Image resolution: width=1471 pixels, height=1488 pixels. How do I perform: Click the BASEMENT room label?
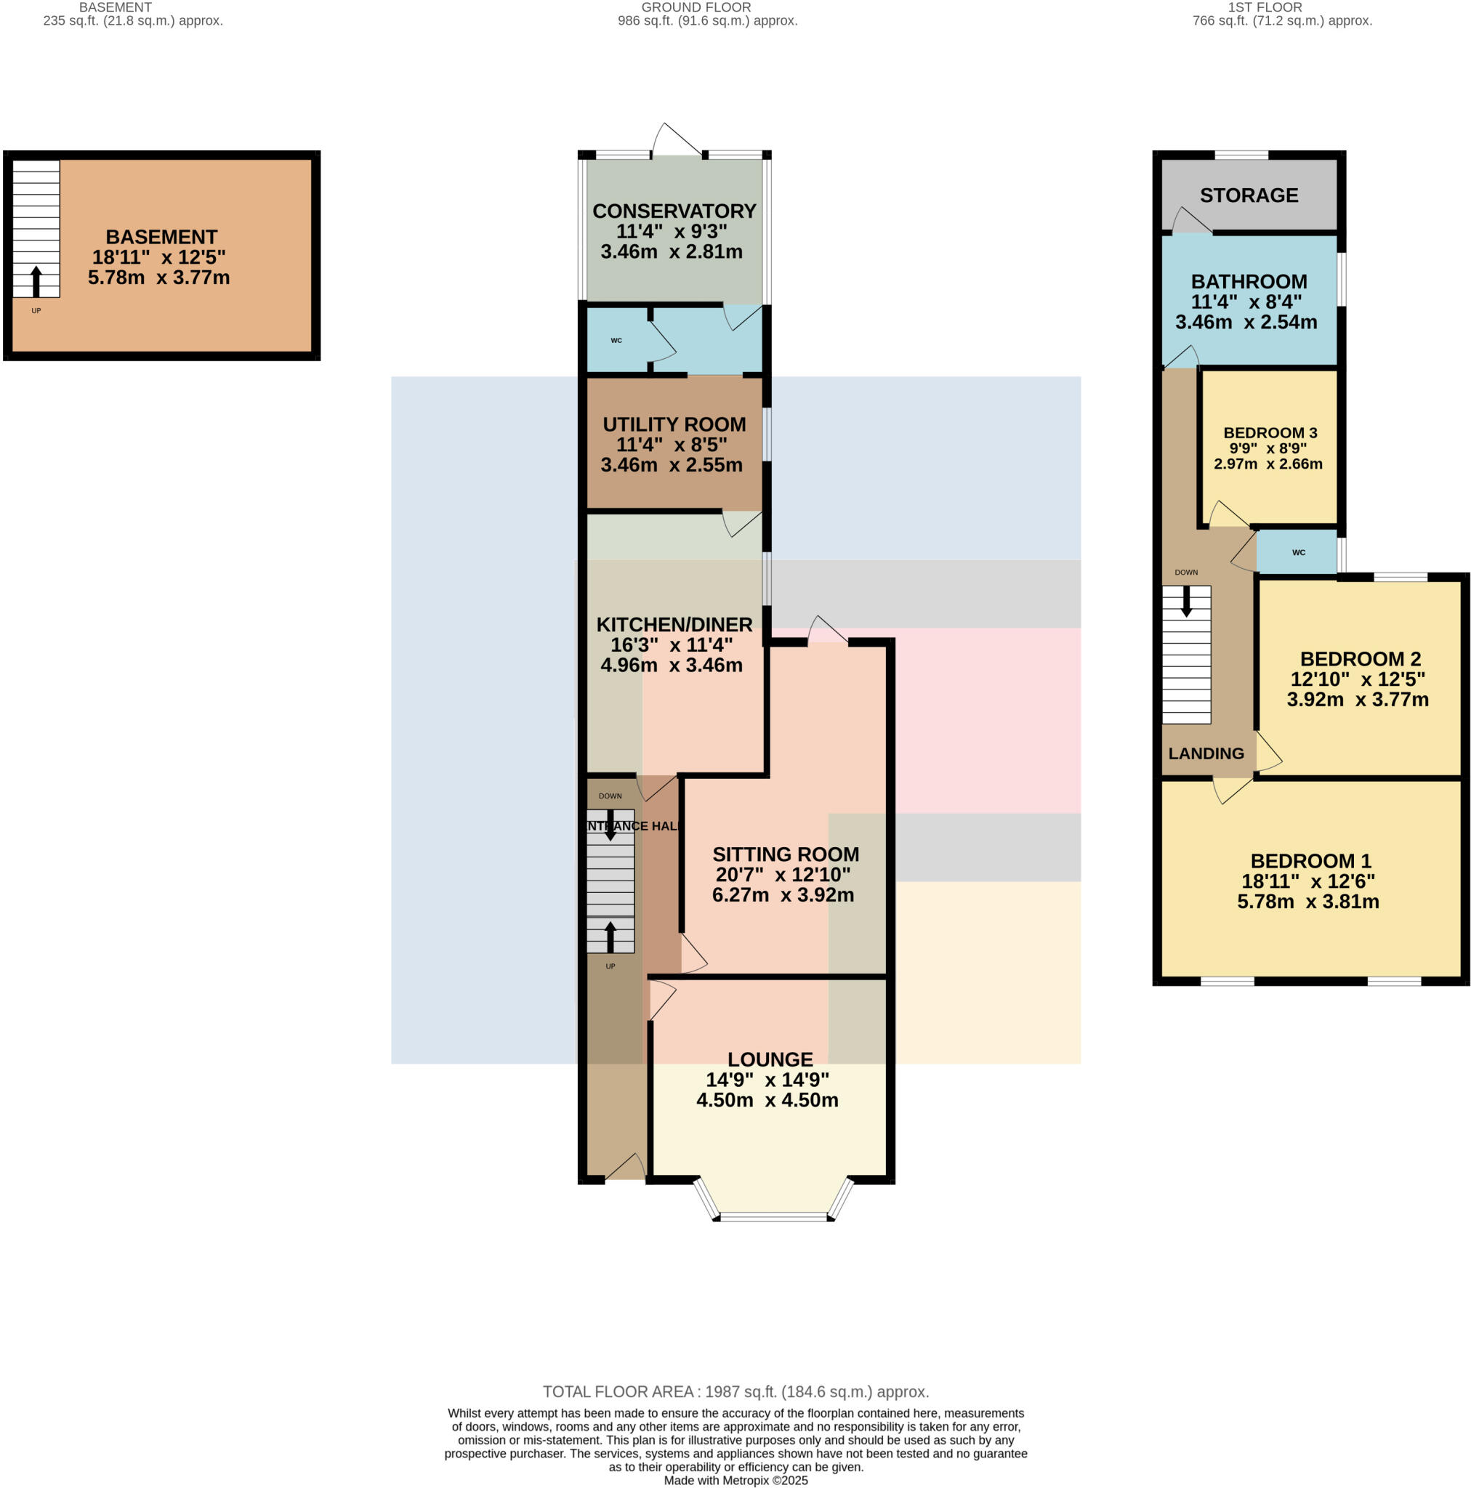click(161, 237)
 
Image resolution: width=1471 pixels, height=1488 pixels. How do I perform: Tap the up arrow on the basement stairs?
click(36, 281)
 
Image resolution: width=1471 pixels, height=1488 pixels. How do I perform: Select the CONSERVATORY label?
click(674, 211)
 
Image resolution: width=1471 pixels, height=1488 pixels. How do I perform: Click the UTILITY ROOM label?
click(674, 424)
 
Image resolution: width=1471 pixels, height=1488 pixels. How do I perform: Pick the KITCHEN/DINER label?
click(674, 625)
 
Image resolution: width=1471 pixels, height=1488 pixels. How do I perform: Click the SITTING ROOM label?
click(785, 854)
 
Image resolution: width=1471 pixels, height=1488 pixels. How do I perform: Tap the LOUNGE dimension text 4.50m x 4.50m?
click(767, 1100)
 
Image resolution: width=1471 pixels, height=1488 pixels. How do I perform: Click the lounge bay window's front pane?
click(773, 1217)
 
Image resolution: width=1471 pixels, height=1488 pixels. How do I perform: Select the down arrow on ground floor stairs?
click(610, 825)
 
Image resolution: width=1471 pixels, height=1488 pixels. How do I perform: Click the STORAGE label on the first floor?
click(1249, 195)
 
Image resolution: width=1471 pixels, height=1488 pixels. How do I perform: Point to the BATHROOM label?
click(1249, 282)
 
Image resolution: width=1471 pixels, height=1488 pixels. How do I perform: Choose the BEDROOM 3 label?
click(1270, 433)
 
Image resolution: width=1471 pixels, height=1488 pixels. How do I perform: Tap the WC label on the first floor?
click(1299, 552)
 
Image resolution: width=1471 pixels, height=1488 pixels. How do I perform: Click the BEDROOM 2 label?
click(1360, 659)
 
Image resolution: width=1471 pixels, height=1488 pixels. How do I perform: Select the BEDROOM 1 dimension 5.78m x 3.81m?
click(1307, 902)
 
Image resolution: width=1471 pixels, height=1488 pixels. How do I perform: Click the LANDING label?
click(1205, 754)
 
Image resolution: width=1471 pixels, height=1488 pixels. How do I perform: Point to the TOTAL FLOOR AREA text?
click(735, 1391)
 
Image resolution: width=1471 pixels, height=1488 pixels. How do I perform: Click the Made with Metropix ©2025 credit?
click(735, 1480)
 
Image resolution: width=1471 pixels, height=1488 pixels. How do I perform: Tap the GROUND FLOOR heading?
click(696, 8)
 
